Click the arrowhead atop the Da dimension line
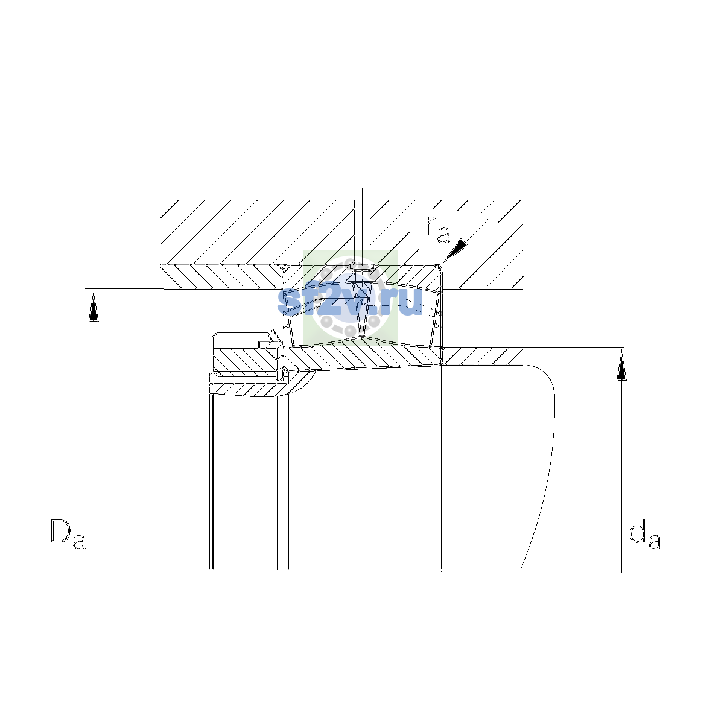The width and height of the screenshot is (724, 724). click(94, 306)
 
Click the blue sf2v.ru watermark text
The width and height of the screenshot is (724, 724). click(350, 301)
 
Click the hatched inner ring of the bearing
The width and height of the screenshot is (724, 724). click(363, 357)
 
